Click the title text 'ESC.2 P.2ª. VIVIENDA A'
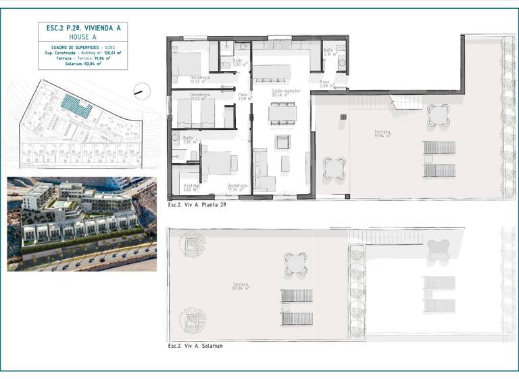(x=82, y=29)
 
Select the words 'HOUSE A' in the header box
(x=82, y=38)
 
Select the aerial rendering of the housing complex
(x=82, y=224)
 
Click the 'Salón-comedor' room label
(x=286, y=93)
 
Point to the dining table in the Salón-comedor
(x=282, y=113)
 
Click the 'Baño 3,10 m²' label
(x=328, y=52)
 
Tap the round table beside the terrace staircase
(x=439, y=115)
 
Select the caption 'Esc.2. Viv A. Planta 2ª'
(x=197, y=204)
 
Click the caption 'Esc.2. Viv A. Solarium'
(x=195, y=346)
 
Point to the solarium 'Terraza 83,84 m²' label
(x=241, y=286)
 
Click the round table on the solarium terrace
(x=296, y=263)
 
